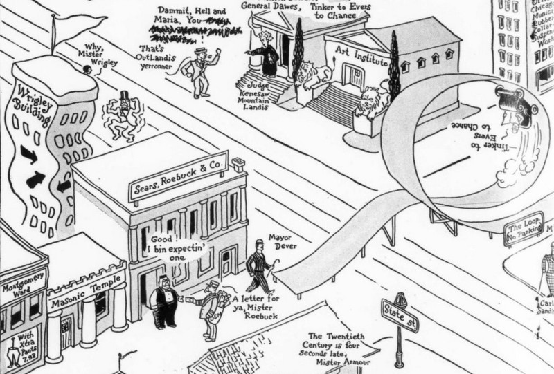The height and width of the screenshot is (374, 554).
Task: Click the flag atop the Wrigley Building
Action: [x=75, y=24]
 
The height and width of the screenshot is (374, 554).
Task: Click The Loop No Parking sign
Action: [x=524, y=228]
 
